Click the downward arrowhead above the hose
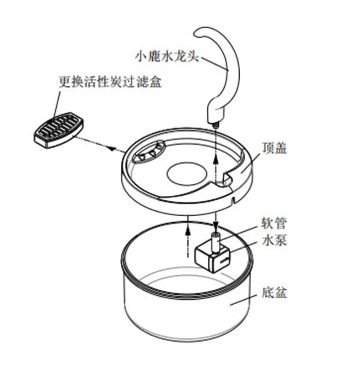tap(216, 225)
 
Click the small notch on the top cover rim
tap(233, 200)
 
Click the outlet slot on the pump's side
tap(224, 261)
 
